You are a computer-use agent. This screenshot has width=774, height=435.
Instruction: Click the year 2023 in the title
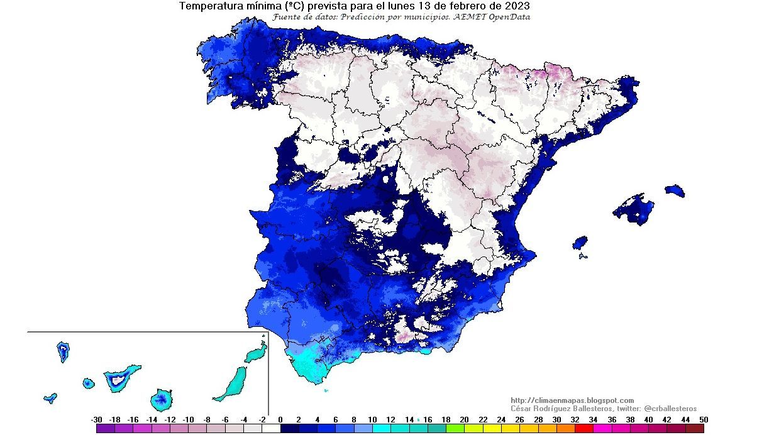coord(517,6)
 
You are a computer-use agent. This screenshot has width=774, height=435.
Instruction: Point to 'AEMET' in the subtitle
coord(466,17)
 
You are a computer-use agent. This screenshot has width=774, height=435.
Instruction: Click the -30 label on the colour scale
coord(96,419)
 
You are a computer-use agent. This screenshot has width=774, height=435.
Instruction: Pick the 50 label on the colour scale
coord(704,419)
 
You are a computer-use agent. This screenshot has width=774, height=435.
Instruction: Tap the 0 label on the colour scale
coord(280,419)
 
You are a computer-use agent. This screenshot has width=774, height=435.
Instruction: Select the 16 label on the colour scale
coord(428,419)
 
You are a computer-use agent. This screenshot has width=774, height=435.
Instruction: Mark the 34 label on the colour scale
coord(594,419)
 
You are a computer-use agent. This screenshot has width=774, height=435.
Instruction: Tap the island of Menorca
coord(675,190)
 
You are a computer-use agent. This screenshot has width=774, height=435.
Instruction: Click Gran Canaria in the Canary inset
coord(162,399)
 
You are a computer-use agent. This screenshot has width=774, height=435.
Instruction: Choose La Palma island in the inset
coord(63,351)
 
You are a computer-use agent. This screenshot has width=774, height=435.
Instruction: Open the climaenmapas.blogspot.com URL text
coord(572,400)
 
